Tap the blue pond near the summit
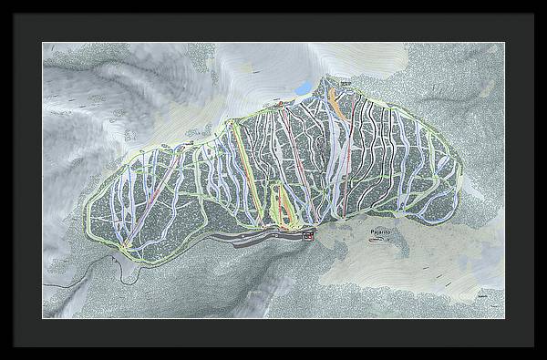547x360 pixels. click(301, 88)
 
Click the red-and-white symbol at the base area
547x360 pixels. click(308, 238)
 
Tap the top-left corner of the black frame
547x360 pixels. click(2, 2)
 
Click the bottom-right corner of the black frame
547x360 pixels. click(544, 357)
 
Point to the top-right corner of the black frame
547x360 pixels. click(544, 2)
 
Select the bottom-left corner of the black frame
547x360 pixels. click(2, 357)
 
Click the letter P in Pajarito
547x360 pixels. click(374, 233)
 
